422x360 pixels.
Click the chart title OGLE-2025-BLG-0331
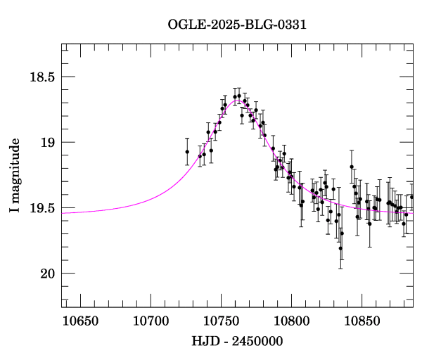tap(237, 25)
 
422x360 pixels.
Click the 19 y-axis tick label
tap(46, 142)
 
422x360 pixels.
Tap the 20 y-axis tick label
tap(46, 273)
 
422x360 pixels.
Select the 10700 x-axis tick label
tap(148, 322)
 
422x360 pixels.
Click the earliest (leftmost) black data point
tap(187, 151)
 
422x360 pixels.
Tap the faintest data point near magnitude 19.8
tap(340, 248)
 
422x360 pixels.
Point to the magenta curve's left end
tap(63, 212)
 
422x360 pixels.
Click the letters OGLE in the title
tap(185, 25)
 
